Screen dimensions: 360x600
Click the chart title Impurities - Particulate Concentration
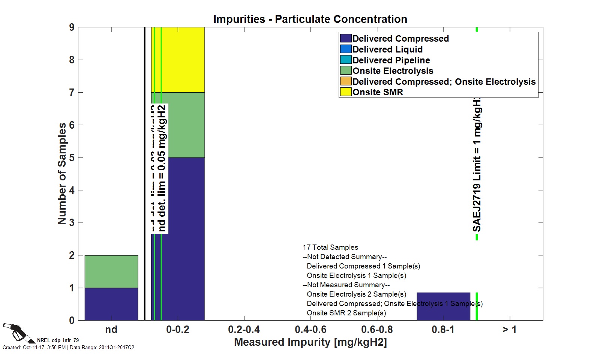[310, 19]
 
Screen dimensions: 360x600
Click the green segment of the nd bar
[111, 271]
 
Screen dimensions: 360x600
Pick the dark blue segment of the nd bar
[111, 304]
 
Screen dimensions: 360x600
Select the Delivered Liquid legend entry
[387, 49]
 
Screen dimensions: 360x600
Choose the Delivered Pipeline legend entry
[391, 60]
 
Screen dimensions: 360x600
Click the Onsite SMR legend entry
[378, 92]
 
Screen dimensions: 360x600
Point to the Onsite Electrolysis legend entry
[393, 71]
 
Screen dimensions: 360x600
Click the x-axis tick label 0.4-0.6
[310, 330]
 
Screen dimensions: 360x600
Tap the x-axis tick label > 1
[509, 330]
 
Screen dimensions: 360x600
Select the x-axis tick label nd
[111, 330]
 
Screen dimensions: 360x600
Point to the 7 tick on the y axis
[72, 92]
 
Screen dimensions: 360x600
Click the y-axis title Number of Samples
[62, 174]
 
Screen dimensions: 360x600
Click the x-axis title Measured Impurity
[310, 342]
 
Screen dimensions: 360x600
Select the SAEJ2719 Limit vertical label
[477, 165]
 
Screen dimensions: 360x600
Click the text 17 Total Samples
[330, 247]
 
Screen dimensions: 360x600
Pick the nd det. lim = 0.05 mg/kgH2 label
[162, 169]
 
